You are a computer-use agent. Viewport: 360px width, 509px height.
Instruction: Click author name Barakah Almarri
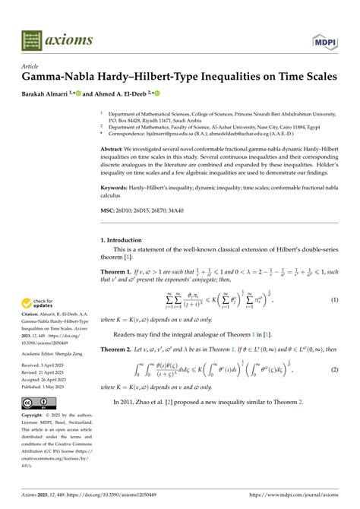[x=55, y=94]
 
